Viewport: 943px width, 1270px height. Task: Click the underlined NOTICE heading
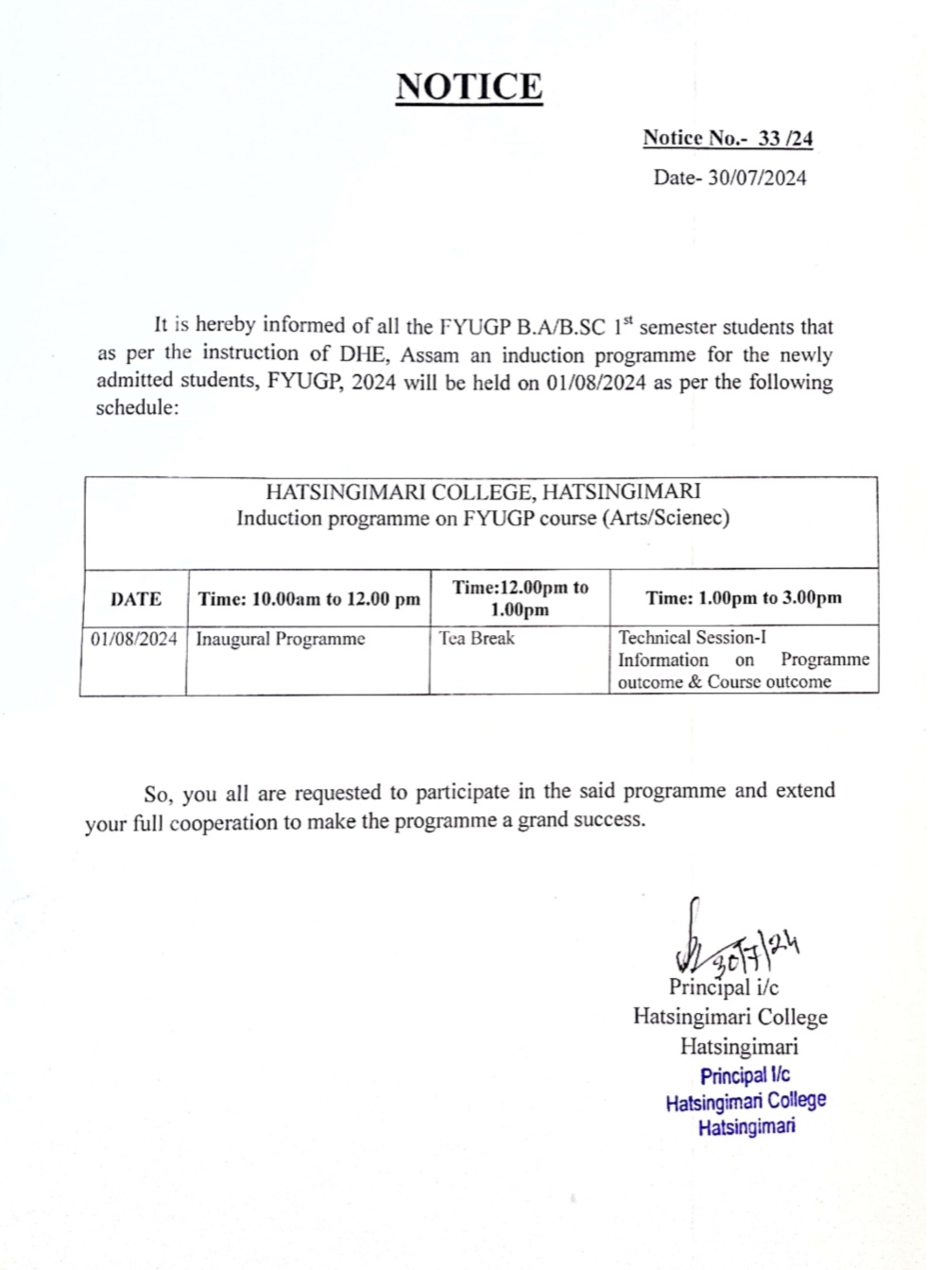[x=469, y=88]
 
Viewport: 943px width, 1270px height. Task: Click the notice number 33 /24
[x=785, y=138]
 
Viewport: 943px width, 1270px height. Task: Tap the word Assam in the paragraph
[x=430, y=355]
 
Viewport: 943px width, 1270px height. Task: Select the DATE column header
[x=136, y=599]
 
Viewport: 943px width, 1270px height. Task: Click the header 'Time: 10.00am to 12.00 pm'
[x=309, y=599]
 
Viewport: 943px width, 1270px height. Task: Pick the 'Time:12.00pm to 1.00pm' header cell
[x=520, y=598]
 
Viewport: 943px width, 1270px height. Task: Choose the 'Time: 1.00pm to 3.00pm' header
[x=744, y=597]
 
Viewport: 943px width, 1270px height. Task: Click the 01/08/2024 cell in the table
[x=134, y=639]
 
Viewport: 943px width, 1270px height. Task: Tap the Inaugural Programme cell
[x=280, y=639]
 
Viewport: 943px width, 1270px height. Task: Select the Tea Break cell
[x=476, y=638]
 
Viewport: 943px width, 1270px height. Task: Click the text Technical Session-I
[x=693, y=637]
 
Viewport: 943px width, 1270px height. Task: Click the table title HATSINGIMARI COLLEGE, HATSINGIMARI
[x=483, y=491]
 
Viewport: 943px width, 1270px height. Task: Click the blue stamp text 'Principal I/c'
[x=745, y=1075]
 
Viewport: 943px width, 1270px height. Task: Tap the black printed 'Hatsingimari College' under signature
[x=730, y=1017]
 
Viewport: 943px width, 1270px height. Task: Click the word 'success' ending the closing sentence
[x=607, y=819]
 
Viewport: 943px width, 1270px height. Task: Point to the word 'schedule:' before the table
[x=137, y=409]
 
